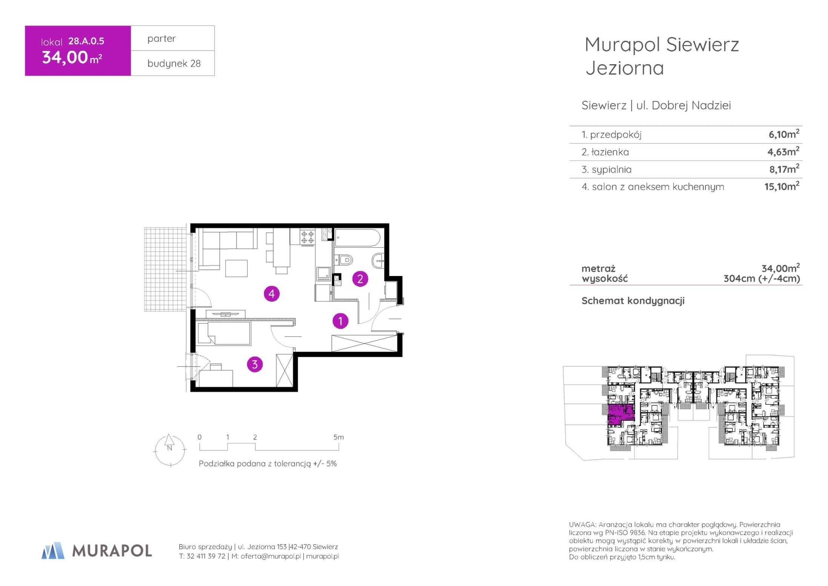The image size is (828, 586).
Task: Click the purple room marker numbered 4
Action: [272, 293]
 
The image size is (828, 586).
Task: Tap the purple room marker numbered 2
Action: [360, 279]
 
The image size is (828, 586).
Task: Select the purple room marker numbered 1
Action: [340, 321]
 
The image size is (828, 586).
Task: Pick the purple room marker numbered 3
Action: [255, 364]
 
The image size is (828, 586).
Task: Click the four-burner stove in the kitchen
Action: [307, 237]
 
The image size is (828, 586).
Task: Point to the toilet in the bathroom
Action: [345, 260]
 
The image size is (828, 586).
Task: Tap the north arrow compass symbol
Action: [170, 450]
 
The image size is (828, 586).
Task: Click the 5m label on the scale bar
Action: [339, 437]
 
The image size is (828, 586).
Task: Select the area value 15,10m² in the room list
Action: [782, 186]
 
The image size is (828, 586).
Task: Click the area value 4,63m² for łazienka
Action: [783, 151]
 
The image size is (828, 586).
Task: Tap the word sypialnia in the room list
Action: [611, 170]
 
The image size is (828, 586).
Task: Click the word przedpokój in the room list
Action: [616, 134]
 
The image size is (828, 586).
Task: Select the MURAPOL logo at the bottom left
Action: [97, 551]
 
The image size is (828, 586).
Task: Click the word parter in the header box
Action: [162, 39]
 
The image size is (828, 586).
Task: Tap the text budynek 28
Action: [174, 63]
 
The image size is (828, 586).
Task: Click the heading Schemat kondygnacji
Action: [633, 301]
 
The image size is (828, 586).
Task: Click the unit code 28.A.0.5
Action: [86, 41]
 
